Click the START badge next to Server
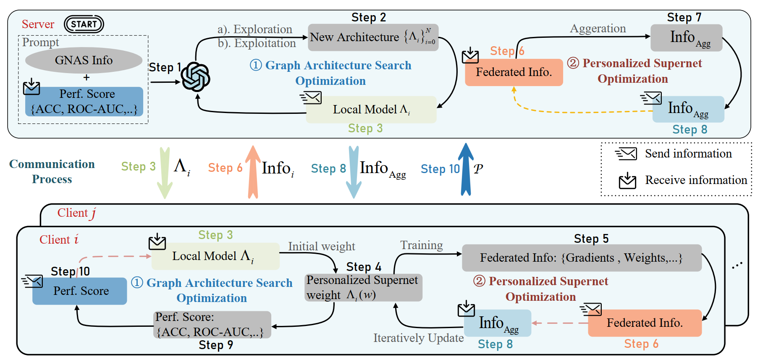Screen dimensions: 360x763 click(x=84, y=24)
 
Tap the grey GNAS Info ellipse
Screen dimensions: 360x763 click(x=84, y=60)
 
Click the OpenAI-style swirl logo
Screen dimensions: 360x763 click(x=195, y=77)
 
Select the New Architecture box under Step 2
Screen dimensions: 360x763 click(x=373, y=37)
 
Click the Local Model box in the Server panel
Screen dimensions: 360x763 click(x=371, y=110)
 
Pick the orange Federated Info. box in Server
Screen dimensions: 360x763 click(x=514, y=72)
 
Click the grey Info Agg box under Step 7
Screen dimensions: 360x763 click(x=686, y=38)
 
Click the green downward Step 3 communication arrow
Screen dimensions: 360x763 click(x=165, y=173)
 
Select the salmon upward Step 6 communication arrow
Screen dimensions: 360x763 click(x=253, y=173)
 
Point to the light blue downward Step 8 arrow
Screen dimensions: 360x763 click(x=354, y=173)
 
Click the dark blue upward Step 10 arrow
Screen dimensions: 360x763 click(x=466, y=170)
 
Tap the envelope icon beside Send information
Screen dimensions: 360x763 click(x=626, y=154)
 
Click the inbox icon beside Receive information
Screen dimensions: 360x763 click(x=627, y=180)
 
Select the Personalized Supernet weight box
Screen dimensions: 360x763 click(x=363, y=287)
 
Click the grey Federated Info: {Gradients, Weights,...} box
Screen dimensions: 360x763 click(x=582, y=258)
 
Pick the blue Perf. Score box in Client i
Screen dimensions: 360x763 click(x=80, y=291)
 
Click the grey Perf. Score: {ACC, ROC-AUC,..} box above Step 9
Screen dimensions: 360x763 click(x=212, y=324)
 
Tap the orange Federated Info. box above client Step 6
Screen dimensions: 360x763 click(x=645, y=323)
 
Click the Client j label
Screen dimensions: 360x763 click(x=77, y=213)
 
